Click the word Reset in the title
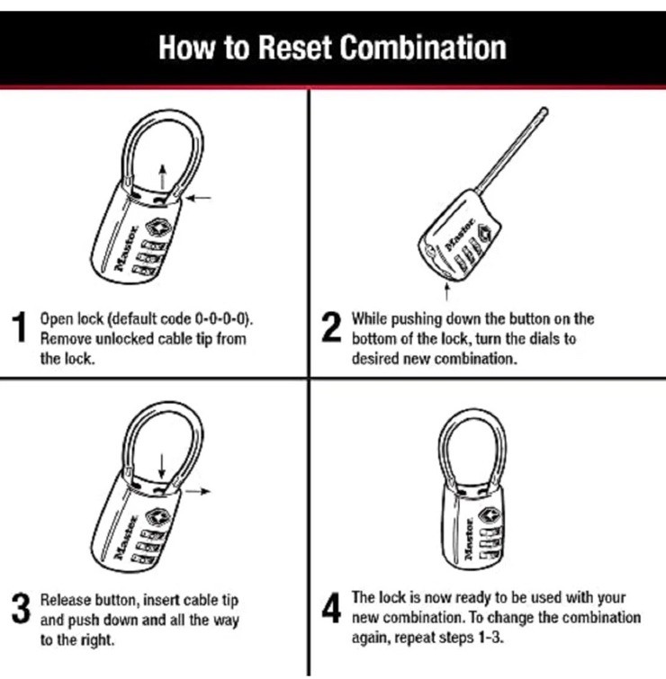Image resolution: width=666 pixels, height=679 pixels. [x=295, y=47]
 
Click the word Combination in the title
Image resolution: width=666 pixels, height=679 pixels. [x=423, y=47]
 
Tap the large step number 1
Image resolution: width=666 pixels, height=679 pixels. [x=19, y=327]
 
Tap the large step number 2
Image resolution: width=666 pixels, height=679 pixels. [x=331, y=327]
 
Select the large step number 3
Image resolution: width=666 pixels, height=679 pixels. [x=21, y=609]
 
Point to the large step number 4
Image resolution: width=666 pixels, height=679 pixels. [x=331, y=608]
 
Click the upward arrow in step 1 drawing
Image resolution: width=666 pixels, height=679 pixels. [x=162, y=176]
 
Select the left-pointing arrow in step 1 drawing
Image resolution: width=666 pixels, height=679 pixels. [x=199, y=199]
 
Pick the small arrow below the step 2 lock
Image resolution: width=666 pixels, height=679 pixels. [x=446, y=291]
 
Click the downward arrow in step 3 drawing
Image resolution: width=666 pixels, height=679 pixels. [x=162, y=466]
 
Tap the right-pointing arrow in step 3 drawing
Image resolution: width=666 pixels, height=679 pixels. [x=198, y=491]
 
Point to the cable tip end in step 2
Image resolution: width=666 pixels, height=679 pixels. [x=544, y=111]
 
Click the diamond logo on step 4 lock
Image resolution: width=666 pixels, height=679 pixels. [x=490, y=515]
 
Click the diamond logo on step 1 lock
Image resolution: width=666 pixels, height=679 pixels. [x=158, y=228]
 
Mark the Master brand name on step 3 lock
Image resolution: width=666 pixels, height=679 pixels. [x=126, y=537]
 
